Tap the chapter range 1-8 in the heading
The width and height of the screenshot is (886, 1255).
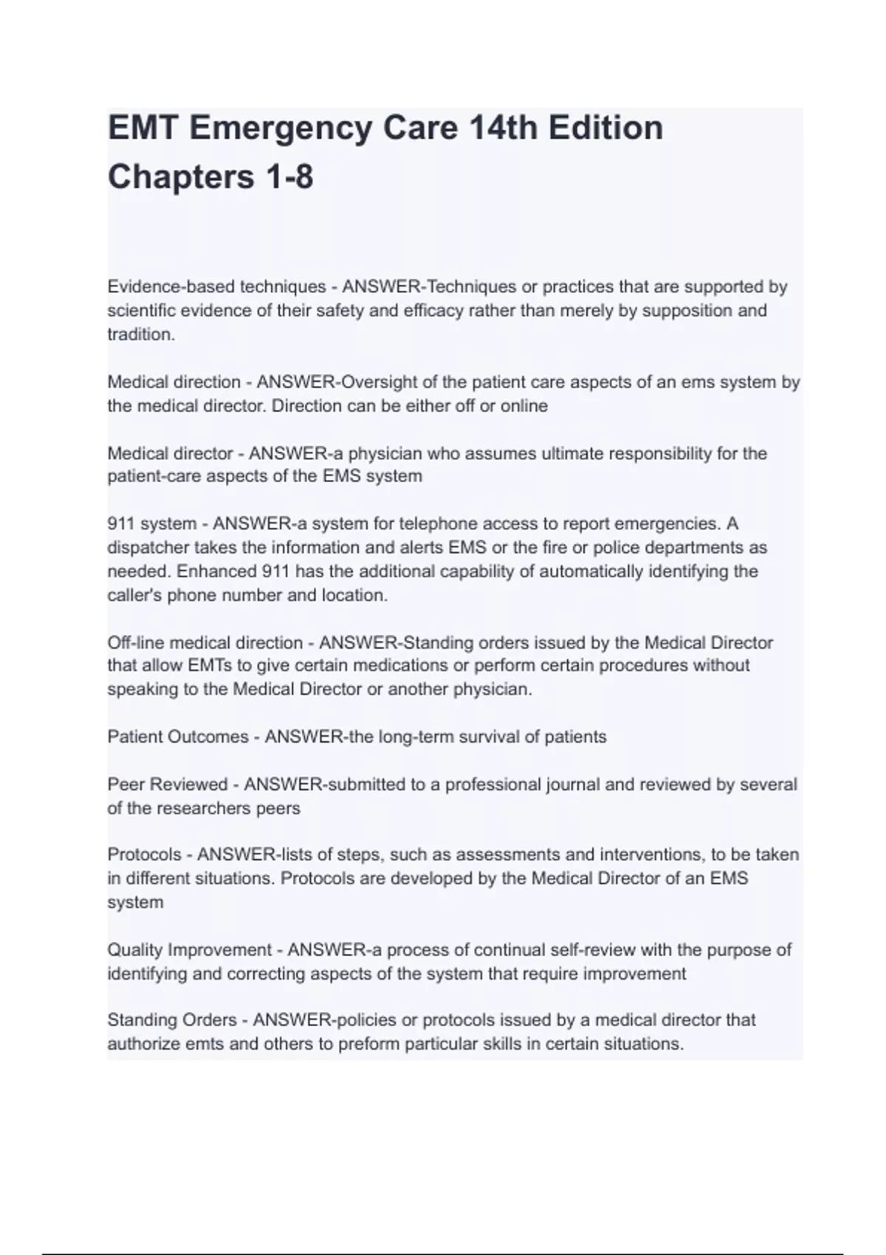point(284,177)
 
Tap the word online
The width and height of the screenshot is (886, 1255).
point(524,406)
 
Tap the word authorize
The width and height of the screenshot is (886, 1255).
point(144,1045)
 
